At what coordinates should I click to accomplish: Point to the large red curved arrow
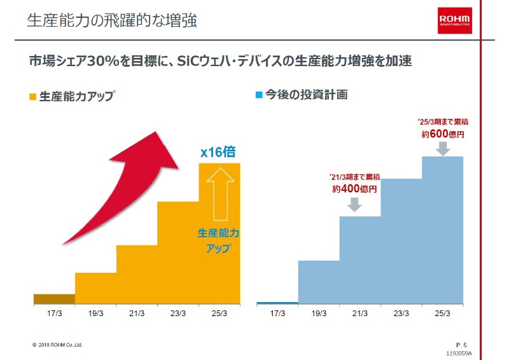click(x=121, y=184)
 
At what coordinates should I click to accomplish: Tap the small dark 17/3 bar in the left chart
click(x=54, y=299)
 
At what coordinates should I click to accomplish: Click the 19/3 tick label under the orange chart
click(x=95, y=314)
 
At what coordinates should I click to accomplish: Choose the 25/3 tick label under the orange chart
click(x=220, y=314)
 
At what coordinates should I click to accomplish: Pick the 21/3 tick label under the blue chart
click(x=360, y=314)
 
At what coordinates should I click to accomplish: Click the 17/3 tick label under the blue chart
click(x=277, y=314)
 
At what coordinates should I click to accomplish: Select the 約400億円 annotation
click(x=354, y=189)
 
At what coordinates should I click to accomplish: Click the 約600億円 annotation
click(x=443, y=134)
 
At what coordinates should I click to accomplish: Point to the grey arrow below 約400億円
click(x=355, y=204)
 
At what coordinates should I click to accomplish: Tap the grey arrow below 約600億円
click(x=443, y=148)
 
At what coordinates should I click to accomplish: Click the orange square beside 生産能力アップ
click(x=33, y=97)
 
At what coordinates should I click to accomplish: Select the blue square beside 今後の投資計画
click(x=259, y=95)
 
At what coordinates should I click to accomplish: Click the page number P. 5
click(x=462, y=344)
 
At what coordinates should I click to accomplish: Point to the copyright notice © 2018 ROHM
click(x=57, y=345)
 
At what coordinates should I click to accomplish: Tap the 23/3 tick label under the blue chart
click(x=401, y=314)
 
